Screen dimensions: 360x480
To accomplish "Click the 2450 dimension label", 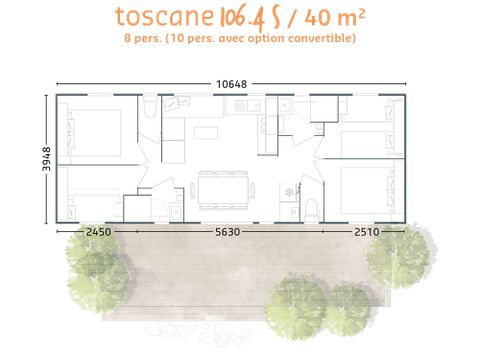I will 98,232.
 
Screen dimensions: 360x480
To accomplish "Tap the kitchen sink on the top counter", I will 253,104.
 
